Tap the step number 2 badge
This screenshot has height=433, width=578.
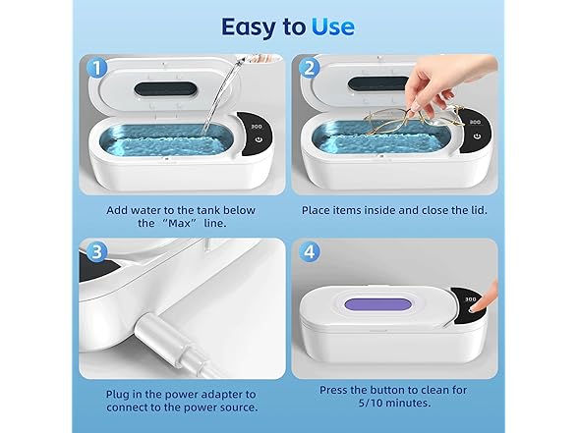coord(312,70)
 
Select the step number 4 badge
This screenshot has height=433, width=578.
coord(312,252)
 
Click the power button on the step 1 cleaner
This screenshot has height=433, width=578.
coord(258,140)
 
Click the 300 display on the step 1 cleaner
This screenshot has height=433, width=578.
coord(256,126)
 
